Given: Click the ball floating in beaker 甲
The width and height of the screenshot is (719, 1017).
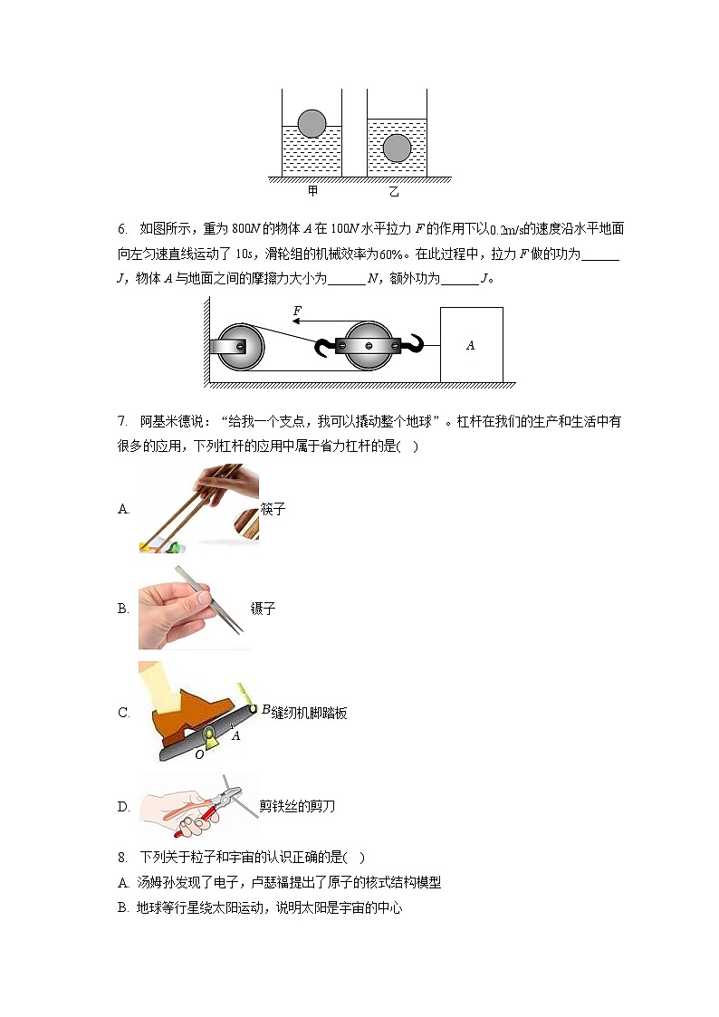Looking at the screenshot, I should tap(312, 123).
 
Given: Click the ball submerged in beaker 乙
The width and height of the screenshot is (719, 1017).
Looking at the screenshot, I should tap(397, 148).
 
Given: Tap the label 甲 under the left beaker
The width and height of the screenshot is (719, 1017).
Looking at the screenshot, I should tap(312, 191).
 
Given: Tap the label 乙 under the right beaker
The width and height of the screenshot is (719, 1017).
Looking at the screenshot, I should tap(394, 191).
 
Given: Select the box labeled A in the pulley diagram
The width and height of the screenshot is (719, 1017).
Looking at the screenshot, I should tap(471, 345).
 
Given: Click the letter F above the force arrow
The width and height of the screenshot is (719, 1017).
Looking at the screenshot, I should tap(297, 311).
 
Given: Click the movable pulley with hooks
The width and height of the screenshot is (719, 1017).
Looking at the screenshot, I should tap(368, 346).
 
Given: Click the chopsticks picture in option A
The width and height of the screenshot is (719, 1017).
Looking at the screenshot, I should tap(198, 508).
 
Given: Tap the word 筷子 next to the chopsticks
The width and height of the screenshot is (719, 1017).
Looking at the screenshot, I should tap(273, 509).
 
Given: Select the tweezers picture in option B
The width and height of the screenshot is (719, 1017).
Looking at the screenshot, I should tap(193, 609).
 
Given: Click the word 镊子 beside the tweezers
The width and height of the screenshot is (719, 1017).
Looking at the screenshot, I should tap(263, 609).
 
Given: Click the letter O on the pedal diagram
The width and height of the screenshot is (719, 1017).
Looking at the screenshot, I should tap(199, 753).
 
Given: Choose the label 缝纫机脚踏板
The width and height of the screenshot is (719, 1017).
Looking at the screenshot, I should tap(309, 713).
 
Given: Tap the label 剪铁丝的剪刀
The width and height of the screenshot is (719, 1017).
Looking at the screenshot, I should tap(297, 806).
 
